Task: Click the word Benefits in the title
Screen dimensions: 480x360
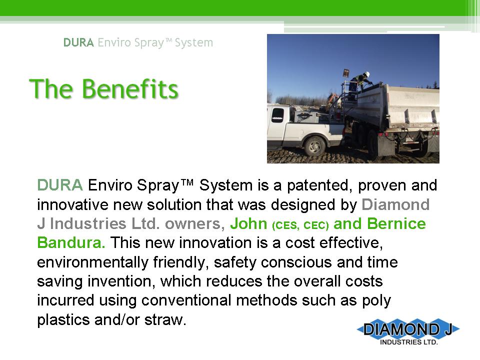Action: pos(130,89)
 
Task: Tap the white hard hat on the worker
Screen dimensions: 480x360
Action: pos(366,74)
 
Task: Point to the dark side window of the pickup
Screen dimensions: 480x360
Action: pos(277,115)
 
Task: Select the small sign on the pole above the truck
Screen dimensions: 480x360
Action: pos(346,73)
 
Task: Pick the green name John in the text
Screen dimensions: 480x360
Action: pos(249,223)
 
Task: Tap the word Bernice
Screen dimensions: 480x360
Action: pos(396,223)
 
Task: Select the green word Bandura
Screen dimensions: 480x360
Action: pos(71,243)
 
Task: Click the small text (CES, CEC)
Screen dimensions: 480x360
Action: pos(300,225)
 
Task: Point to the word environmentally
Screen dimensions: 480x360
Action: pos(92,262)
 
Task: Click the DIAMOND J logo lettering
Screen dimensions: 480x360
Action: pos(408,329)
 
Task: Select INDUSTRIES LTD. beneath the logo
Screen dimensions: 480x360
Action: pos(409,342)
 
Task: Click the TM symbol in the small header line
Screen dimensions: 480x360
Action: pos(169,40)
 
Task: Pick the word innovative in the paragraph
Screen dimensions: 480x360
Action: pos(73,204)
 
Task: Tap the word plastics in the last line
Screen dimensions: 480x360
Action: pos(63,320)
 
